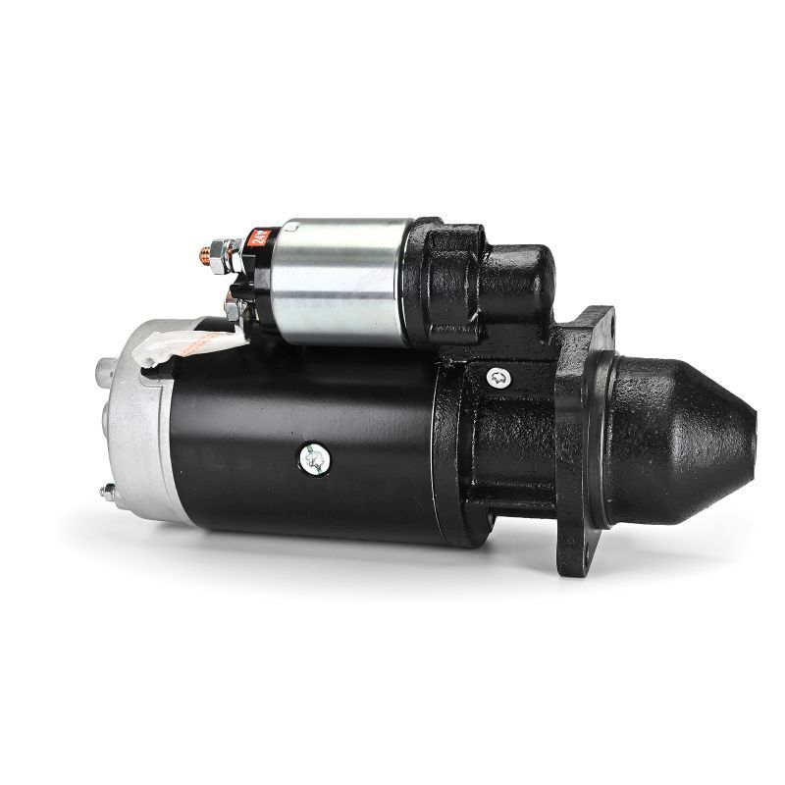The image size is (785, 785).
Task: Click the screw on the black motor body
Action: tap(316, 456)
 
